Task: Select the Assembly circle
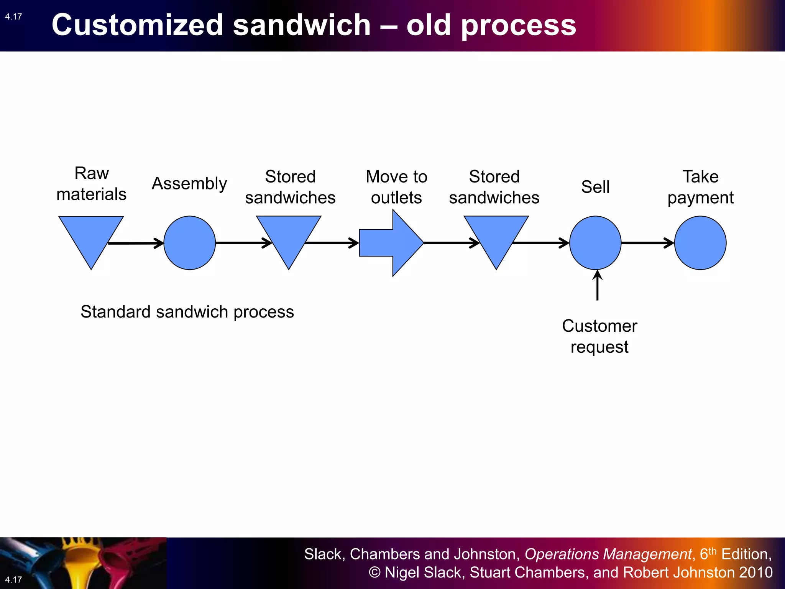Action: pyautogui.click(x=189, y=243)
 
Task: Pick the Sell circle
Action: pyautogui.click(x=595, y=243)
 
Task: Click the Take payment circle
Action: pyautogui.click(x=700, y=243)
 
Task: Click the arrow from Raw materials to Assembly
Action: pyautogui.click(x=136, y=243)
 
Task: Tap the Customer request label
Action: pyautogui.click(x=599, y=336)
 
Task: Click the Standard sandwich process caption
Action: pyautogui.click(x=187, y=312)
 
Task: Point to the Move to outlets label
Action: pyautogui.click(x=396, y=187)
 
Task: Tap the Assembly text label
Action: pyautogui.click(x=189, y=184)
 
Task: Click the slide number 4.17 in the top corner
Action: pyautogui.click(x=13, y=16)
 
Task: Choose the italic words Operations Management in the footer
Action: pyautogui.click(x=608, y=554)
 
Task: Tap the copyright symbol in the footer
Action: pyautogui.click(x=374, y=573)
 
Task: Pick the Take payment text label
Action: pyautogui.click(x=700, y=187)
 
